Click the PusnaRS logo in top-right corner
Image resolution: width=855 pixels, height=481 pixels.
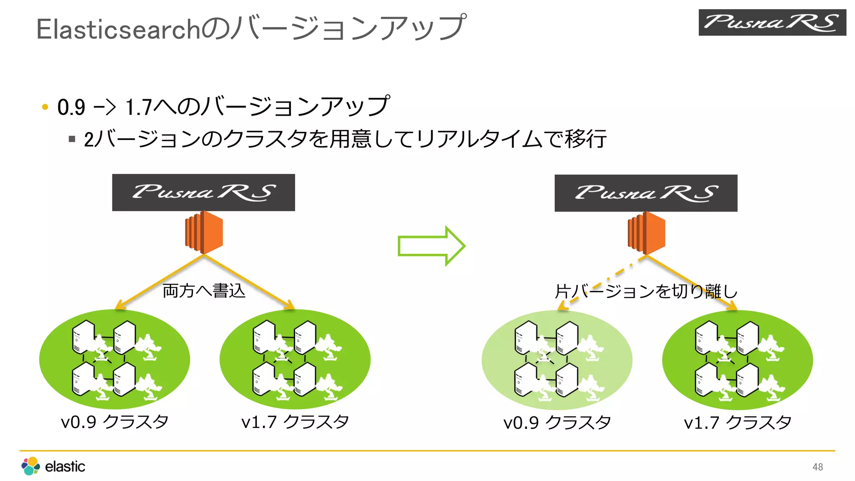coord(772,23)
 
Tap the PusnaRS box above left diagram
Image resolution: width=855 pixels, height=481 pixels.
coord(203,192)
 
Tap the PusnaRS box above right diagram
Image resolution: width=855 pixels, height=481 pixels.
coord(645,193)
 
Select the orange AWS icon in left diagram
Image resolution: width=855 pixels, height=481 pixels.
coord(204,232)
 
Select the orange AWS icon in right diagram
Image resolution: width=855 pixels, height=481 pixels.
coord(646,233)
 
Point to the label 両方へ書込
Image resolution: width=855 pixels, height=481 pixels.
coord(204,291)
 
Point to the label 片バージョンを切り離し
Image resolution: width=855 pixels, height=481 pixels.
coord(645,291)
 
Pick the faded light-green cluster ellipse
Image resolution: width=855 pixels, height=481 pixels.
coord(557,359)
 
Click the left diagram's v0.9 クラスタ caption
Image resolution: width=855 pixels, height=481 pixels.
coord(115,422)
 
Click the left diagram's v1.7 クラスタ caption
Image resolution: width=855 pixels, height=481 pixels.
coord(295,422)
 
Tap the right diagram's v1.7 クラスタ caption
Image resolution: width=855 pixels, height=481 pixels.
coord(737,423)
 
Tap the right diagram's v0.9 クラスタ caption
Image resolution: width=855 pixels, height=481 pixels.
coord(557,423)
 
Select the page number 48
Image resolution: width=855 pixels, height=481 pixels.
coord(817,467)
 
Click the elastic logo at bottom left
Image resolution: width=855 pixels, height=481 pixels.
coord(53,466)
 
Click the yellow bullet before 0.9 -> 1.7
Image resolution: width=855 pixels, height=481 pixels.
coord(45,107)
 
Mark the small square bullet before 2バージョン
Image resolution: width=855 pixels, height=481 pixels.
coord(72,139)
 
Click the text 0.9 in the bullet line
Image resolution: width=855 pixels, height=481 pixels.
coord(71,107)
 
